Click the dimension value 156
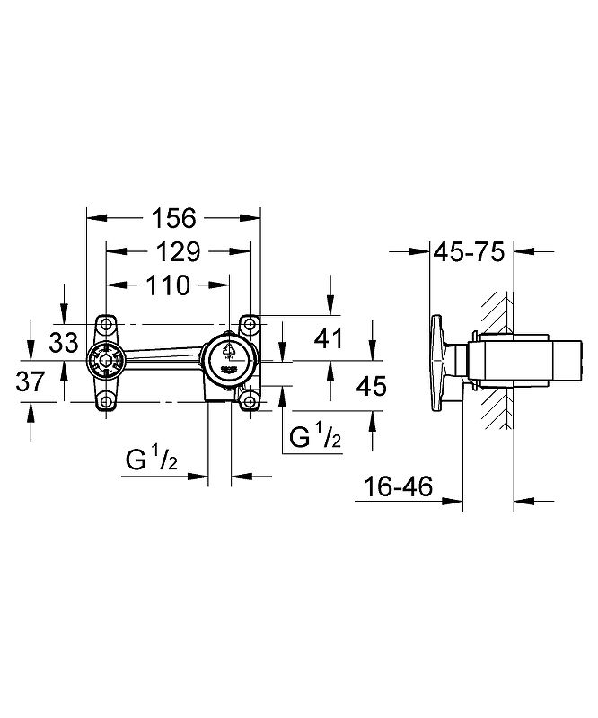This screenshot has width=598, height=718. [174, 218]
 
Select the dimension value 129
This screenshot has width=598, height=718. [179, 251]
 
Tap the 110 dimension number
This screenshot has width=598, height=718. [168, 285]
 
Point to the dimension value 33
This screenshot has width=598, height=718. [64, 342]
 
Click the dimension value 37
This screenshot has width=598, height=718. [31, 381]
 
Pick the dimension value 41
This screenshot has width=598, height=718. [329, 338]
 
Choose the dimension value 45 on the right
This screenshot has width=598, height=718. [372, 386]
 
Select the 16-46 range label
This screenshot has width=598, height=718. [398, 486]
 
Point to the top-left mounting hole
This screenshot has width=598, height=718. [106, 324]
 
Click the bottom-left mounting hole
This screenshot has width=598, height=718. [106, 402]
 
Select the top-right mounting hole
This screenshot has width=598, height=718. [250, 324]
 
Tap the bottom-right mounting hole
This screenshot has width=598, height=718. [250, 402]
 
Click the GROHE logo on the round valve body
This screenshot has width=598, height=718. [229, 369]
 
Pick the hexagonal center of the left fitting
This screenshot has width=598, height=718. [106, 362]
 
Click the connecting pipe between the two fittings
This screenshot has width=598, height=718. [163, 358]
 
